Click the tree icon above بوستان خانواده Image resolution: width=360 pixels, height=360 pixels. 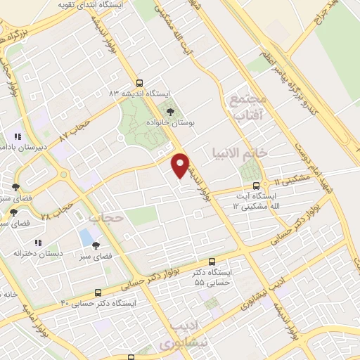pos(169,111)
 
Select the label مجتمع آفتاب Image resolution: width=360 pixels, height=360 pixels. pos(246,105)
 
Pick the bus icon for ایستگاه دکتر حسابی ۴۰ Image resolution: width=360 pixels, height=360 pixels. pos(97,292)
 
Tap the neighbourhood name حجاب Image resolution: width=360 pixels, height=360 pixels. pos(110,218)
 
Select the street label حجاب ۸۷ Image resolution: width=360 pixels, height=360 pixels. pos(76,128)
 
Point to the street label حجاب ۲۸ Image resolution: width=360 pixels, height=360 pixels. pos(56,208)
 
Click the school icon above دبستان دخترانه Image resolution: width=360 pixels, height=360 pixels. pos(37,243)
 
